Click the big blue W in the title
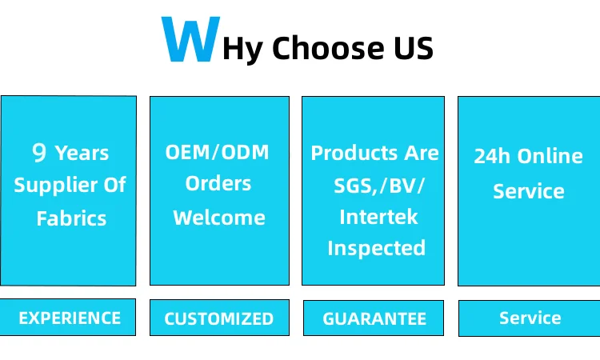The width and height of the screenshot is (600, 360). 190,38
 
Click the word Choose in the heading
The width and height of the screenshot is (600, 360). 328,48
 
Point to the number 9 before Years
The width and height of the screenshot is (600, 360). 39,152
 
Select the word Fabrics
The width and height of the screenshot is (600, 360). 71,218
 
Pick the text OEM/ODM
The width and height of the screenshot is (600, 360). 217,152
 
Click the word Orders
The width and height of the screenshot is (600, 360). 218,183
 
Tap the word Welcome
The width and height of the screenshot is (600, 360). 219,218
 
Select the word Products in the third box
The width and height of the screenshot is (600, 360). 354,154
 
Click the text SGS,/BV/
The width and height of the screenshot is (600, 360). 379,186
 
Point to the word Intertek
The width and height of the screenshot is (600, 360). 378,217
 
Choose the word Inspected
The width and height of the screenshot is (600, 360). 377,249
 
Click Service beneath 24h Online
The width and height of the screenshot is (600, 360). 529,191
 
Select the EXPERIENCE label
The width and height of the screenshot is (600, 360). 70,318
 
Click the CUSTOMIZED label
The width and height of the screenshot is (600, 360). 219,318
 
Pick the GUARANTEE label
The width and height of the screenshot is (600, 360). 374,318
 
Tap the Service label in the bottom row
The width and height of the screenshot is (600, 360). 530,318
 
